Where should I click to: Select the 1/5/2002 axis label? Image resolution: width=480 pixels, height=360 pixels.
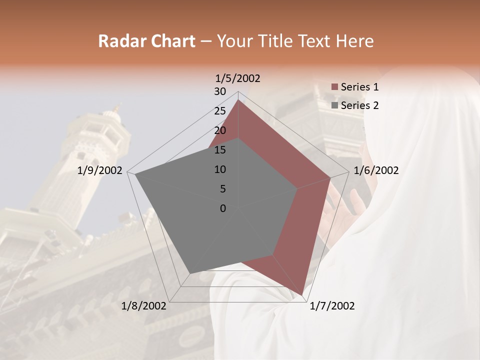click(x=238, y=78)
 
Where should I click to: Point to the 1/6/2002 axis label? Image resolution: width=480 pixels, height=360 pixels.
click(x=376, y=170)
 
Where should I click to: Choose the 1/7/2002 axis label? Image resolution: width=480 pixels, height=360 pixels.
click(x=332, y=306)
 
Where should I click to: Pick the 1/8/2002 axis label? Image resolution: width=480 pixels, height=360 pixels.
click(x=144, y=306)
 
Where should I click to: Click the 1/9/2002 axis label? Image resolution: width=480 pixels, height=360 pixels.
click(x=100, y=170)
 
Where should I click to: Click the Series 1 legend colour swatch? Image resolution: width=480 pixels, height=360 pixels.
click(x=334, y=87)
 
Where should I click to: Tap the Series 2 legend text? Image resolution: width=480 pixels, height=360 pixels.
click(x=359, y=105)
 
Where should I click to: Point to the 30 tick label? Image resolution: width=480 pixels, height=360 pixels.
click(x=220, y=91)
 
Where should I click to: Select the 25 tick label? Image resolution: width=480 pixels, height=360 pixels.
click(x=220, y=111)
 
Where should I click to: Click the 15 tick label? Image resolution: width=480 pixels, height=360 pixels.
click(x=220, y=150)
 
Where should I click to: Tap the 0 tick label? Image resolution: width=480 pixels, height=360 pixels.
click(x=223, y=208)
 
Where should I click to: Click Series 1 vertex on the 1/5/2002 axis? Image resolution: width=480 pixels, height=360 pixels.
click(x=238, y=100)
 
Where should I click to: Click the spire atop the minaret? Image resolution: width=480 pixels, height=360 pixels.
click(x=118, y=107)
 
